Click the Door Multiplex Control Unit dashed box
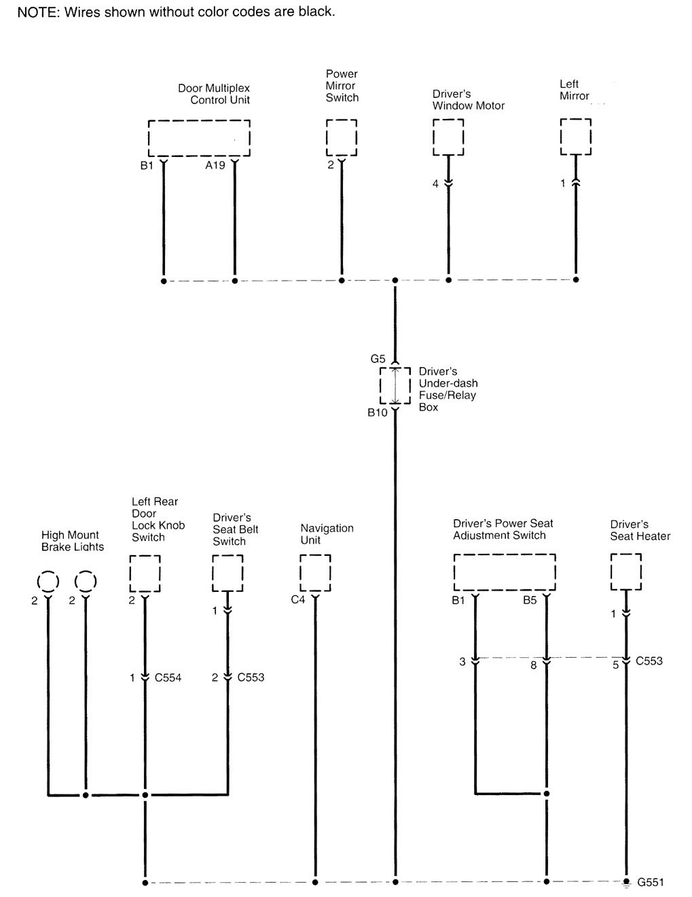pyautogui.click(x=199, y=138)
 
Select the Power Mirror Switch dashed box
pyautogui.click(x=341, y=138)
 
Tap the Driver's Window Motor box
pyautogui.click(x=448, y=137)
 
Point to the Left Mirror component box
pyautogui.click(x=575, y=137)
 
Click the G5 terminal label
pyautogui.click(x=378, y=359)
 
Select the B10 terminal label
pyautogui.click(x=377, y=412)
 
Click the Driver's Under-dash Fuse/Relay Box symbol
pyautogui.click(x=395, y=386)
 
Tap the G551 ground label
pyautogui.click(x=650, y=883)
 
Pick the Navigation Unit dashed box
pyautogui.click(x=315, y=573)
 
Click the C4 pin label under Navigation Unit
pyautogui.click(x=298, y=599)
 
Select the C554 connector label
pyautogui.click(x=168, y=678)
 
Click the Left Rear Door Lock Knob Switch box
pyautogui.click(x=145, y=574)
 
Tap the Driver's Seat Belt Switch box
pyautogui.click(x=227, y=573)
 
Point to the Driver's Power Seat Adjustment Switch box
pyautogui.click(x=505, y=572)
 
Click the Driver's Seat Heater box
pyautogui.click(x=625, y=572)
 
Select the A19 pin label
pyautogui.click(x=215, y=165)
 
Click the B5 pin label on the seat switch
pyautogui.click(x=530, y=600)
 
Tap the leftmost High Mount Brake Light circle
pyautogui.click(x=48, y=582)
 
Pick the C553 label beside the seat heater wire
pyautogui.click(x=649, y=661)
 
